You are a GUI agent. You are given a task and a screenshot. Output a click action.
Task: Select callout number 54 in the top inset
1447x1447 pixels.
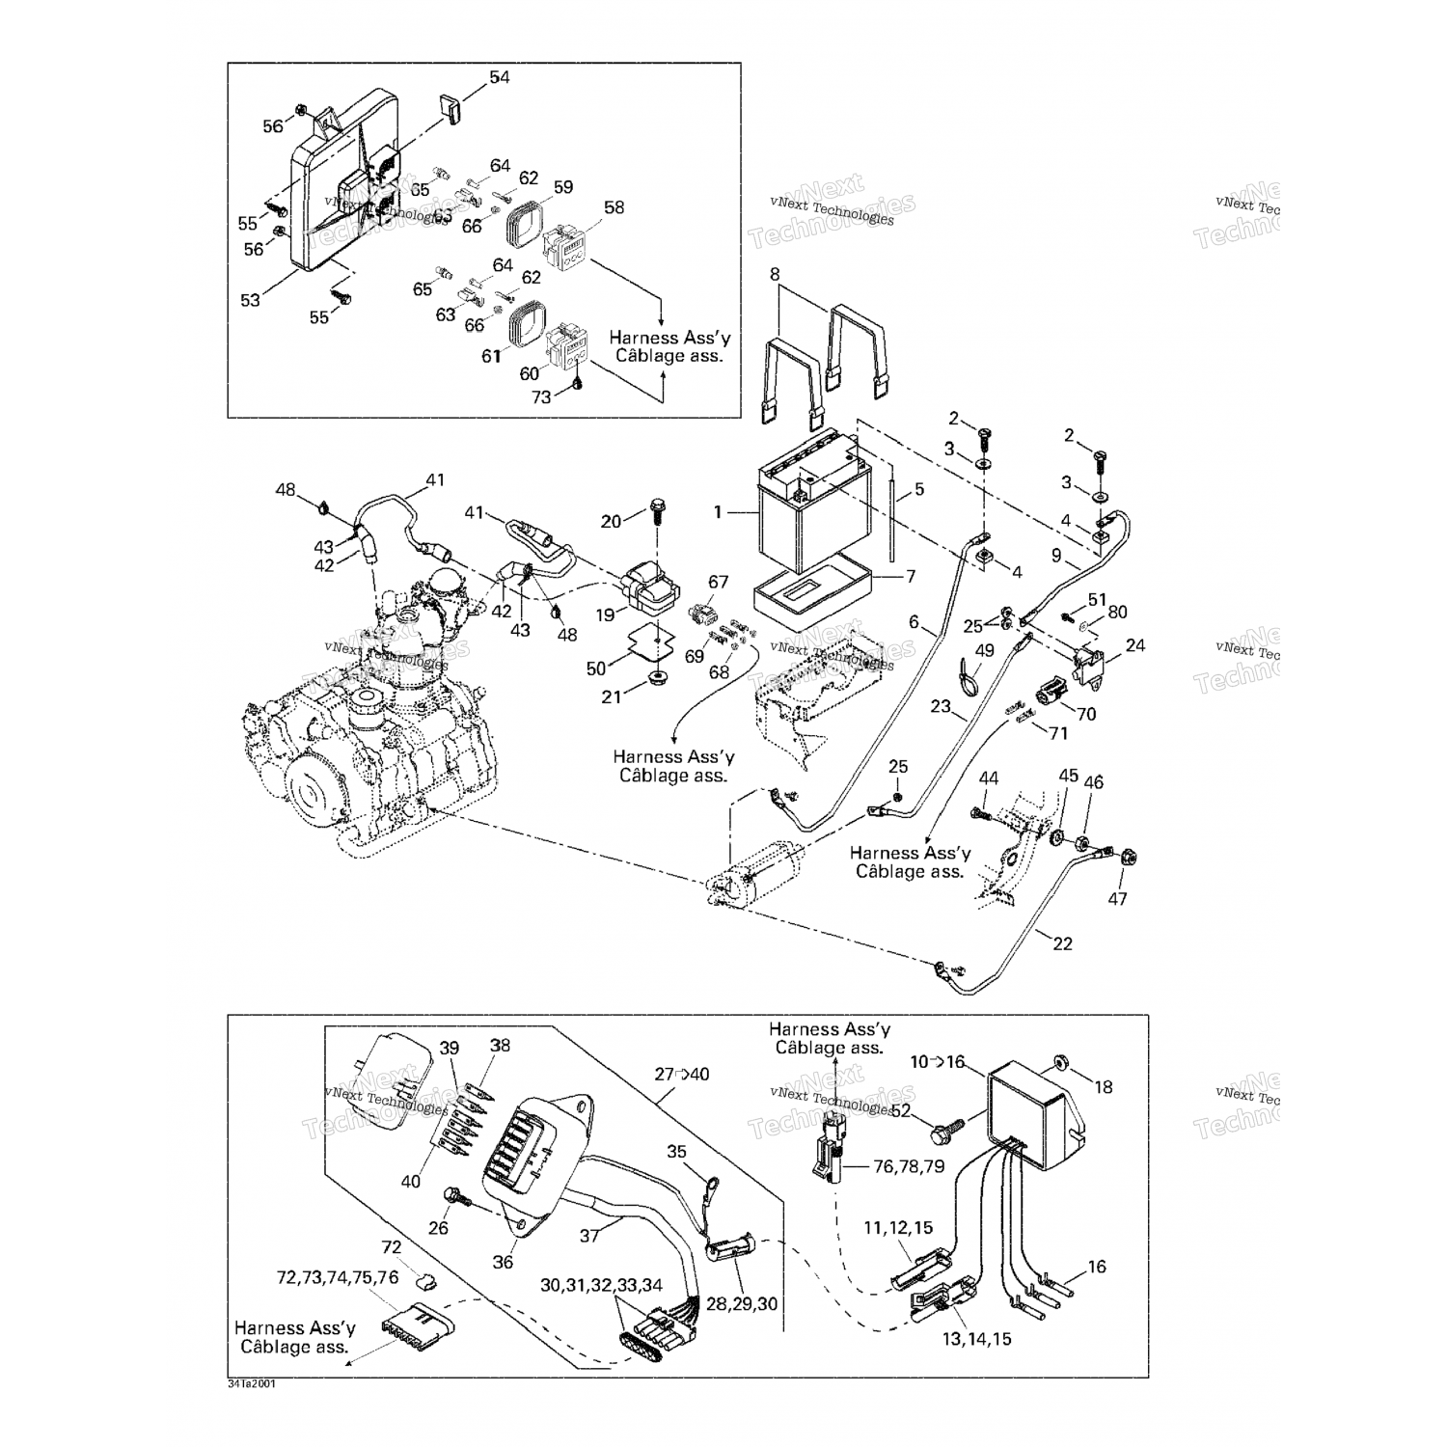click(x=499, y=77)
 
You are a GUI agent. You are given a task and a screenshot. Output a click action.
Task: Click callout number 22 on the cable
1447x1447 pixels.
click(x=1061, y=943)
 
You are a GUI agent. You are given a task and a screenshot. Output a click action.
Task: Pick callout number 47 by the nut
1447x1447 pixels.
click(x=1117, y=899)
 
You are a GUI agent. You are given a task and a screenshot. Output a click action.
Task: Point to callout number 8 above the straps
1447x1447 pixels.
click(x=774, y=274)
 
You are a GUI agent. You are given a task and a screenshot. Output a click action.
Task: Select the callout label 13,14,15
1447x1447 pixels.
click(x=976, y=1339)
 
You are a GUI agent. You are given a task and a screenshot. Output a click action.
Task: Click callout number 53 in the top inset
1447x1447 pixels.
click(x=250, y=300)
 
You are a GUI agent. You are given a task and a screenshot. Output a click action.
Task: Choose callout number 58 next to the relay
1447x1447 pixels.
click(x=614, y=207)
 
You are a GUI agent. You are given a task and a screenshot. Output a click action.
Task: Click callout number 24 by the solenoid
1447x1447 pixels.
click(x=1134, y=644)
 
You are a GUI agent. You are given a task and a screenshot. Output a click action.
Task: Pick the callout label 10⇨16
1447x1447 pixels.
click(x=937, y=1061)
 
